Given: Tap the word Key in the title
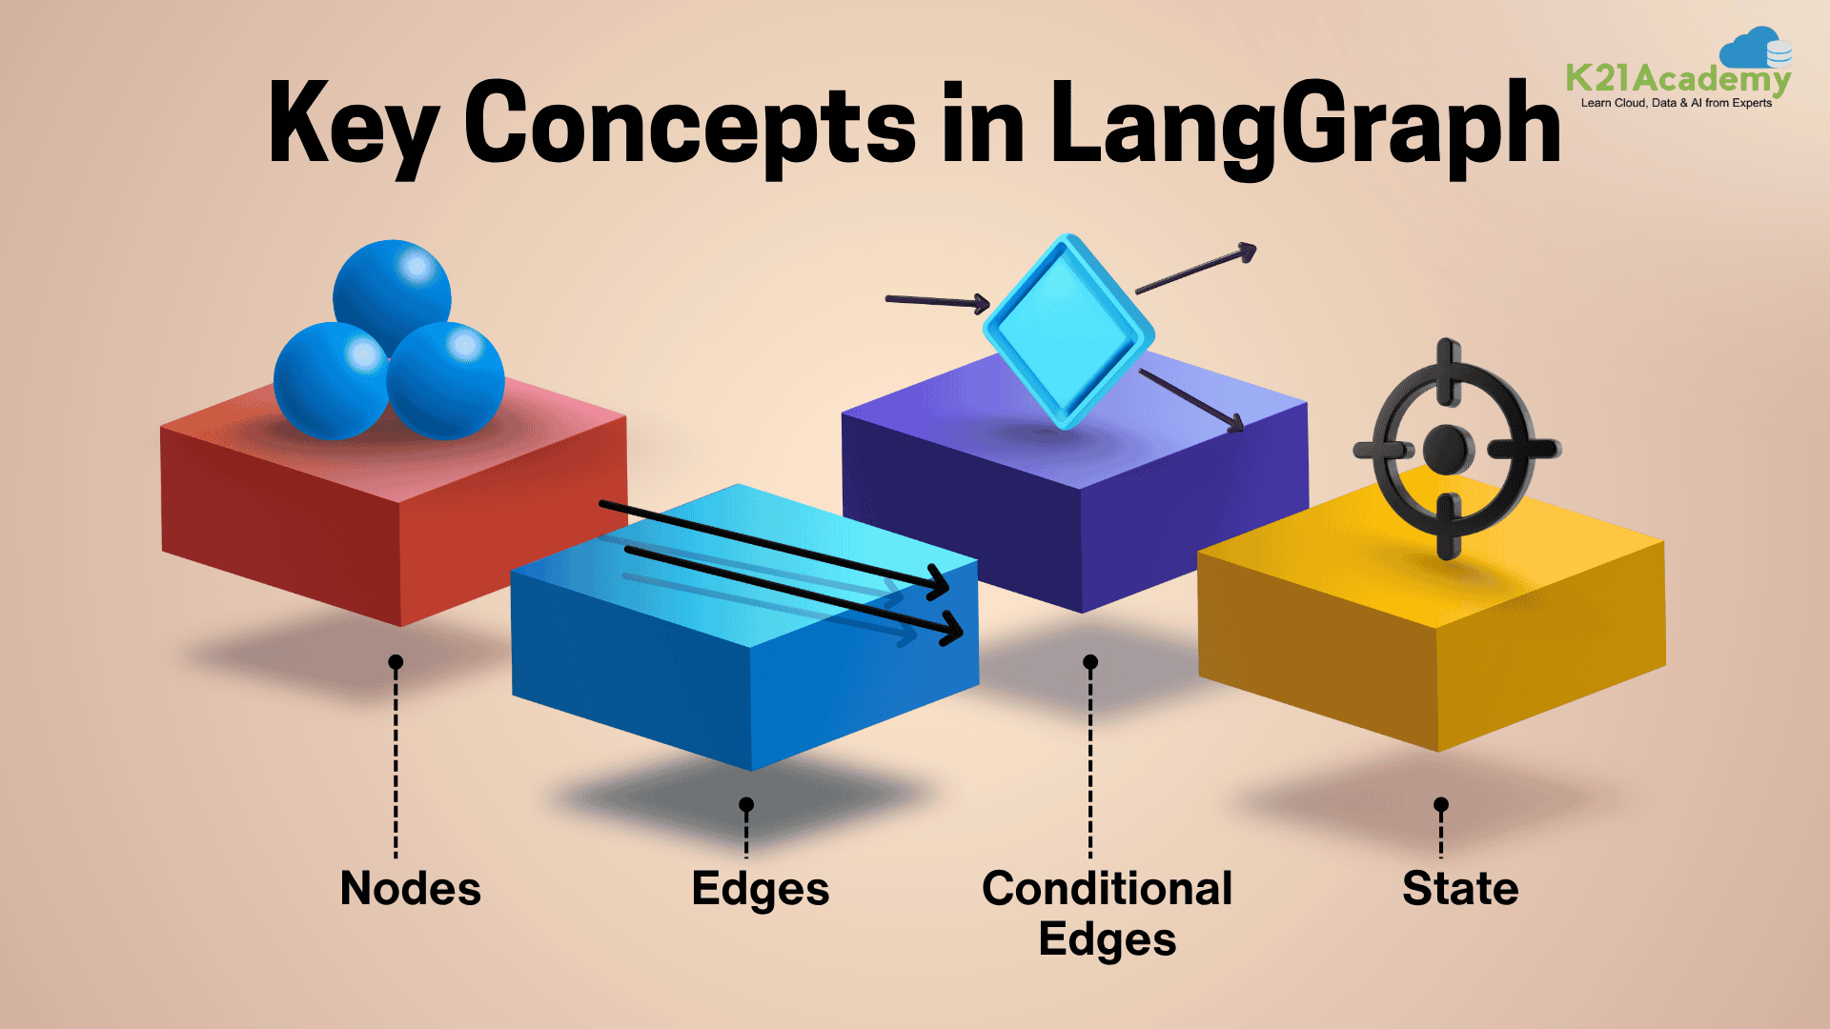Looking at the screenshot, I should pos(353,124).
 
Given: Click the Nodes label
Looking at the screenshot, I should pos(411,888).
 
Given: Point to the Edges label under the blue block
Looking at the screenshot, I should pos(761,890).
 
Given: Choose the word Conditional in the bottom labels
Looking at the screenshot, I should pos(1107,888).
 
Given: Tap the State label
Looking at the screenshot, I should pos(1460,888).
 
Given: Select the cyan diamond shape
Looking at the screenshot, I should pos(1068,332).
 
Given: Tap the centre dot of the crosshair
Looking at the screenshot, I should pos(1448,447).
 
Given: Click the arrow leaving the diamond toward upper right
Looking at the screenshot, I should pos(1197,269).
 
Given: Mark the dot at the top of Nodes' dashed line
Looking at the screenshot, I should pos(396,662).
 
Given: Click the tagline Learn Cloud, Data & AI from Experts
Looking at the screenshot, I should pos(1677,103).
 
